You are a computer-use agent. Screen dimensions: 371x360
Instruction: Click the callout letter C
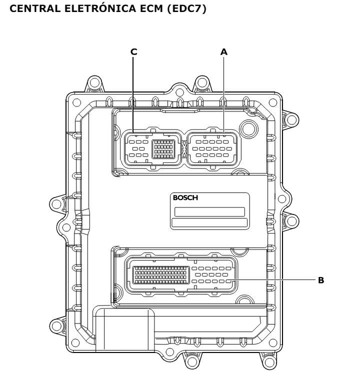(x=133, y=51)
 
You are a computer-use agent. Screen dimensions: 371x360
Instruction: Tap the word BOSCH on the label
(x=185, y=197)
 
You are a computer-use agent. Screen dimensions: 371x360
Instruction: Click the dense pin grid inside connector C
(x=162, y=148)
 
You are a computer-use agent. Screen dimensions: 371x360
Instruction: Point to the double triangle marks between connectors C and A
(x=184, y=149)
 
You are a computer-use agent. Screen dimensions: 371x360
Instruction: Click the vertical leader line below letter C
(x=133, y=95)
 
